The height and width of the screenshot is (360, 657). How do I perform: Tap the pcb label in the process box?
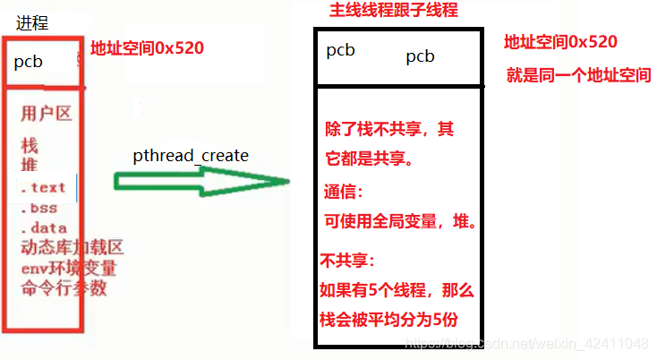coord(28,63)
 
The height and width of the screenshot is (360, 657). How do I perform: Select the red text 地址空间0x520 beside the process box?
coord(148,47)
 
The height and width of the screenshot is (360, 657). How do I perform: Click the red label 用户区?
coord(46,114)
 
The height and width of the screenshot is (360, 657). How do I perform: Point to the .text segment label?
coord(43,187)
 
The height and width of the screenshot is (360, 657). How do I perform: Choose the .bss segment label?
coord(39,208)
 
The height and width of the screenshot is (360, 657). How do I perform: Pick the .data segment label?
coord(43,227)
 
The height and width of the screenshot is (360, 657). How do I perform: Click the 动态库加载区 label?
coord(71,248)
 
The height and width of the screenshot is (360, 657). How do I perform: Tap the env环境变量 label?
coord(69,268)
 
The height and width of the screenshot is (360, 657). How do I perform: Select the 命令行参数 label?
coord(64,287)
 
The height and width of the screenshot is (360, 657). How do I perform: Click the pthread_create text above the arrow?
coord(191,156)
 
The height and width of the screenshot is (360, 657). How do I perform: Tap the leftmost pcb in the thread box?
coord(340,50)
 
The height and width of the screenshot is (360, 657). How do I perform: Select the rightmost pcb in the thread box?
coord(420,56)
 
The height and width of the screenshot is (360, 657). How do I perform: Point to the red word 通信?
coord(345,192)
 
